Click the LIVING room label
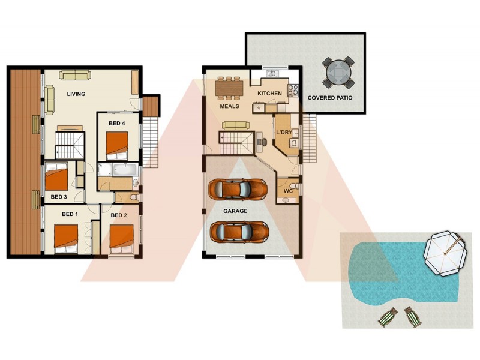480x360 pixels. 76,94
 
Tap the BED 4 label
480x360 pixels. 117,123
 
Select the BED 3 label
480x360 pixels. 58,196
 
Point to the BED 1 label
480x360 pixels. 70,214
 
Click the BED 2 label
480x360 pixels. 119,215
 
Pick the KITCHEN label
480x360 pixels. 269,94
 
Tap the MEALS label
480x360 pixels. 229,106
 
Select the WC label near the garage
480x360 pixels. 288,191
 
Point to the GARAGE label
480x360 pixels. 235,211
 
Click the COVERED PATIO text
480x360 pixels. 329,97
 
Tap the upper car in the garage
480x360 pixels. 238,188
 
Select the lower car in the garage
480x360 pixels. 238,231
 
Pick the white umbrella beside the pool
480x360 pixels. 445,253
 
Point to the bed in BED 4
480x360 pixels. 118,143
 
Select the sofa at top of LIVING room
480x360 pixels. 74,75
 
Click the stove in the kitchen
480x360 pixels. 294,91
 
